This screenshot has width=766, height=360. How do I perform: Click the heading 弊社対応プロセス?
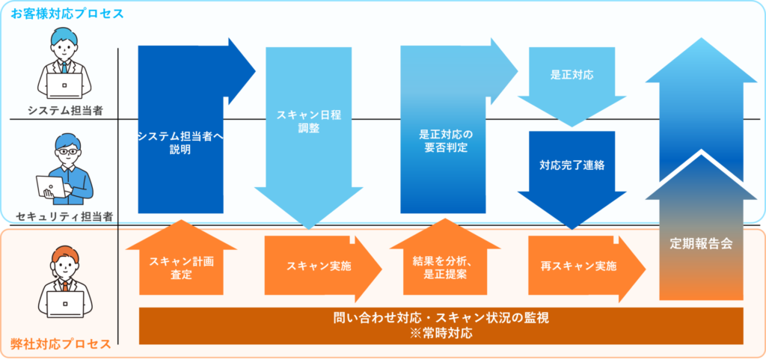pos(61,344)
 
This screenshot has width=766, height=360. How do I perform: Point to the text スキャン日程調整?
pos(298,122)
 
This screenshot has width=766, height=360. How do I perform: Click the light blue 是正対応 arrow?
pos(572,76)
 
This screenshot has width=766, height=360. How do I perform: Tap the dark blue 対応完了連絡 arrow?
pos(572,165)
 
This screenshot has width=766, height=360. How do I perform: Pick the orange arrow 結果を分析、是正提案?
pos(445,267)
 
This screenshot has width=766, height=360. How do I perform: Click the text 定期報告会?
pos(701,244)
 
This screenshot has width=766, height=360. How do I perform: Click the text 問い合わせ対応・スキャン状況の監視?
pos(441,317)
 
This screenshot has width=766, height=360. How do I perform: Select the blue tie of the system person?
pos(65,67)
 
